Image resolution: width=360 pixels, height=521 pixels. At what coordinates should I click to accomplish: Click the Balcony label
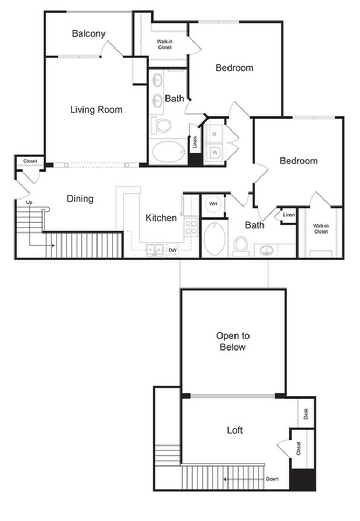[x=88, y=33]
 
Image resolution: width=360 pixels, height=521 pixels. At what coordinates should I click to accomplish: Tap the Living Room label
[x=96, y=109]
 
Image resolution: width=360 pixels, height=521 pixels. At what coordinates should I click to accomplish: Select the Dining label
[x=80, y=198]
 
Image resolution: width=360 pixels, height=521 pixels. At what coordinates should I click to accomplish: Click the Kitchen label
[x=161, y=217]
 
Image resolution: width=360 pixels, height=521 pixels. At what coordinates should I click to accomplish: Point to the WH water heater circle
[x=213, y=205]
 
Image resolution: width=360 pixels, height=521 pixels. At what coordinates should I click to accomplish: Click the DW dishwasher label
[x=172, y=250]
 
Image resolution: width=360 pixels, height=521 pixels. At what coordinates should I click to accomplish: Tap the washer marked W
[x=214, y=152]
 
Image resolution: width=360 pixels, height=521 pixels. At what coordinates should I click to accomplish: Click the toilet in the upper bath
[x=161, y=125]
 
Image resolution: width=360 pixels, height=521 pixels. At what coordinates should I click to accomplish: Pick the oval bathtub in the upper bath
[x=168, y=152]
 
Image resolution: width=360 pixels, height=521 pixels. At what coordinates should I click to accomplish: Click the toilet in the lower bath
[x=240, y=245]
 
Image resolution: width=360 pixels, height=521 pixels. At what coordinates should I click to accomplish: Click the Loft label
[x=234, y=430]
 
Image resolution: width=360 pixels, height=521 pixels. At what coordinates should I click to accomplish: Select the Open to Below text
[x=232, y=341]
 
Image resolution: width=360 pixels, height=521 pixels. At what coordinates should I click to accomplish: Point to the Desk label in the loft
[x=306, y=414]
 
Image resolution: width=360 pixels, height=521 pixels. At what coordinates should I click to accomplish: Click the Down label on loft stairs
[x=272, y=479]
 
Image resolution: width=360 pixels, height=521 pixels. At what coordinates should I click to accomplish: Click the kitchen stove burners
[x=191, y=227]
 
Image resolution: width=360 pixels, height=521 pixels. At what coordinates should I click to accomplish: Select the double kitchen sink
[x=155, y=250]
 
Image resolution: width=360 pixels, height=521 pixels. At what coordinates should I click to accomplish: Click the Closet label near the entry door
[x=30, y=161]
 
